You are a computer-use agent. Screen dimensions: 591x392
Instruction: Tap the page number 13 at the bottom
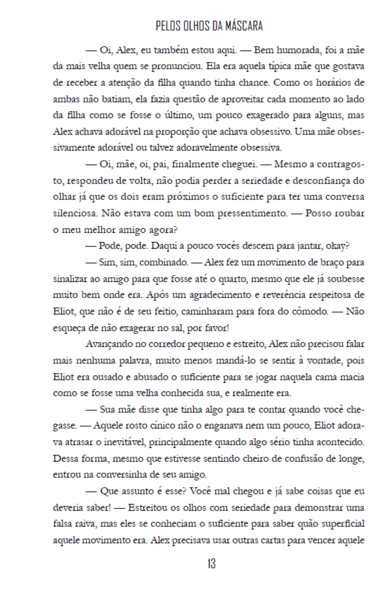(211, 564)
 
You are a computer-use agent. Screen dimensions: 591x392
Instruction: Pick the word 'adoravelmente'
(207, 148)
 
